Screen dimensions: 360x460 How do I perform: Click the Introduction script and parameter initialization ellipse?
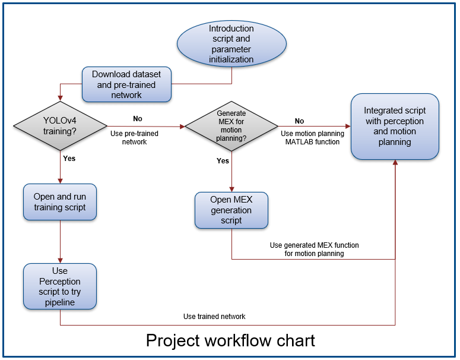[x=231, y=44]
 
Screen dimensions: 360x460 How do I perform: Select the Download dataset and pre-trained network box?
[x=126, y=84]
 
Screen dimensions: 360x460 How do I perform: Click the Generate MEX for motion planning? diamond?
[x=231, y=126]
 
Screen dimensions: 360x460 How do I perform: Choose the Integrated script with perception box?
[x=395, y=126]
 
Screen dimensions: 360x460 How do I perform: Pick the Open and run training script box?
[x=59, y=202]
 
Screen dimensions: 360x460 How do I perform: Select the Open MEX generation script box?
[x=231, y=210]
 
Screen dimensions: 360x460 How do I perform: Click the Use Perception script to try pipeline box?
[x=59, y=287]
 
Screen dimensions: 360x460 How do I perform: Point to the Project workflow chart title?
[x=230, y=340]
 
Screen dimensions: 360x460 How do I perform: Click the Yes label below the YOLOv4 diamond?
[x=69, y=159]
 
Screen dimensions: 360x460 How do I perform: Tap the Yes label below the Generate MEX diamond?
[x=223, y=161]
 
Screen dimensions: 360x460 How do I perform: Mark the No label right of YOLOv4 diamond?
[x=138, y=118]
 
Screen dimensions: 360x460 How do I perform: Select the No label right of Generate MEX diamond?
[x=299, y=121]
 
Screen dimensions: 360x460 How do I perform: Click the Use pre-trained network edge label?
[x=135, y=138]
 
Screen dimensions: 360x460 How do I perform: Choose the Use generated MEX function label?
[x=314, y=249]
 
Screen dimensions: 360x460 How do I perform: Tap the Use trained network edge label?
[x=214, y=317]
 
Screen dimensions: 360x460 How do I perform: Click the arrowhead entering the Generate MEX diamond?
[x=182, y=126]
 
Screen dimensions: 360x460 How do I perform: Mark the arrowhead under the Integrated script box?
[x=395, y=163]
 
